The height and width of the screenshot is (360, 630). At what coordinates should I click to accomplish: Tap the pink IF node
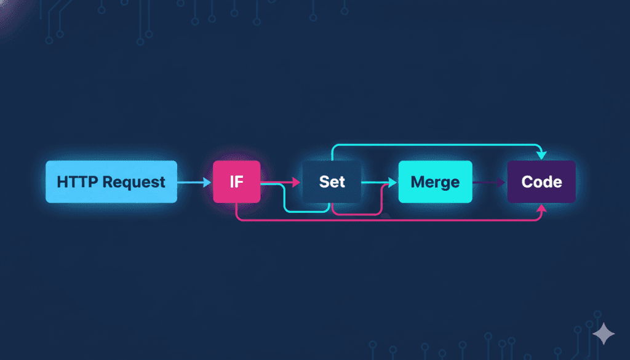click(x=237, y=182)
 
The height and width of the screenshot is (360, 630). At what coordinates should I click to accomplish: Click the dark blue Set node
click(x=332, y=182)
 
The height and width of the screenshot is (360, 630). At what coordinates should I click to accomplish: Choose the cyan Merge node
click(x=435, y=182)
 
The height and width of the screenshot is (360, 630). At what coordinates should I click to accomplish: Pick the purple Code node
click(x=541, y=182)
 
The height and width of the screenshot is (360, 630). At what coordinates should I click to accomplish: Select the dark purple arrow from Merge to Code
click(x=489, y=182)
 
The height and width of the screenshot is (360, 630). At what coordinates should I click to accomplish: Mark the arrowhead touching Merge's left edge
click(x=393, y=183)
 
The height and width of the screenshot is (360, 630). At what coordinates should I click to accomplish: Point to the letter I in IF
click(x=232, y=182)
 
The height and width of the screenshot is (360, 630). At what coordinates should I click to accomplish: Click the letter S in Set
click(x=324, y=182)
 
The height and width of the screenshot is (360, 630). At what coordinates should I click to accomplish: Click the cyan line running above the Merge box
click(x=435, y=146)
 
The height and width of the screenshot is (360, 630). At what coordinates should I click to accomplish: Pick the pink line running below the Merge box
click(x=435, y=220)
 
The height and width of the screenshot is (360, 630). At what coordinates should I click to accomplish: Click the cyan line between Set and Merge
click(x=375, y=182)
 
